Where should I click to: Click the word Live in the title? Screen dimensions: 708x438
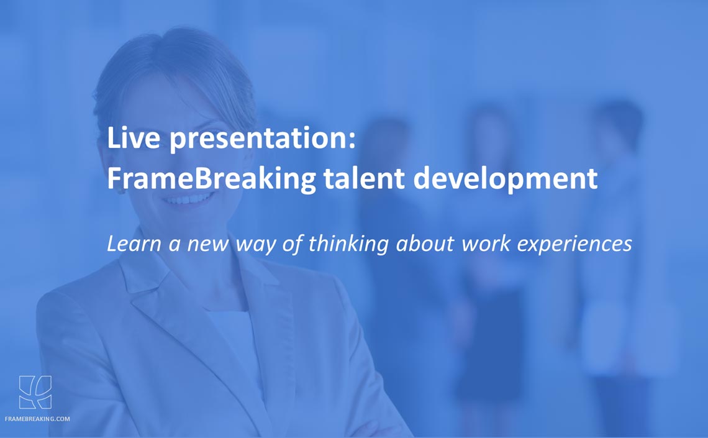point(134,138)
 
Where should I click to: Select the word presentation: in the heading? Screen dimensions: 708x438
point(263,139)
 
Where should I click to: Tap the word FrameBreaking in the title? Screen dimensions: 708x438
point(211,178)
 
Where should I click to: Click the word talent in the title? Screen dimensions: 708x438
point(364,178)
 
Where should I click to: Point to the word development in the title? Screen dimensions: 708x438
point(506,180)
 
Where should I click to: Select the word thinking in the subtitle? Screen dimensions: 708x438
point(348,244)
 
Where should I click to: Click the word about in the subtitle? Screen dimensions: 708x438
point(425,244)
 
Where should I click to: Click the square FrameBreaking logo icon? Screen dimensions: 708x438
point(35,392)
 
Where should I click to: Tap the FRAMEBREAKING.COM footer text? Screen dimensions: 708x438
point(37,419)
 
